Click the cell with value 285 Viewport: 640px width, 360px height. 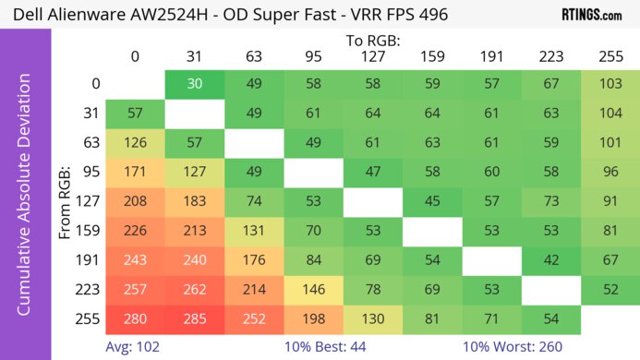tap(194, 319)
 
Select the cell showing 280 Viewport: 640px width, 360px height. tap(135, 319)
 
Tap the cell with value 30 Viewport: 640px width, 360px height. tap(194, 83)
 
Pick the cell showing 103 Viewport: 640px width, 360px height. tap(610, 83)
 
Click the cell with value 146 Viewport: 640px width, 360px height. tap(313, 290)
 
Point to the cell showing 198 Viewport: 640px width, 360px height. tap(313, 319)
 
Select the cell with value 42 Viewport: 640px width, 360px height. tap(551, 260)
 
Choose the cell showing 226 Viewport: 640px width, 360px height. tap(135, 231)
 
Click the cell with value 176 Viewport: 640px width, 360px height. tap(254, 260)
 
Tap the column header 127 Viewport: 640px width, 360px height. tap(373, 56)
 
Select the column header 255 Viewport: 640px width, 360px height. tap(610, 56)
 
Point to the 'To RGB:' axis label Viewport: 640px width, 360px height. tap(372, 41)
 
